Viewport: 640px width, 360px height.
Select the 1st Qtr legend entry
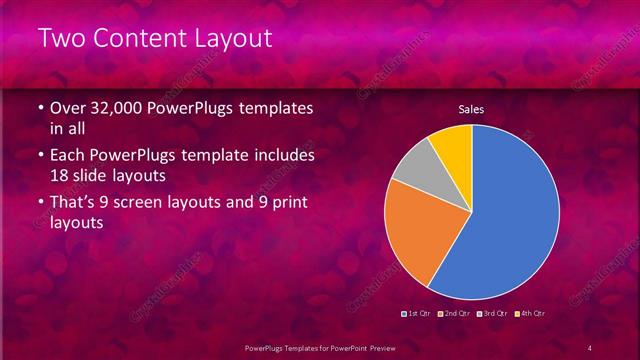[x=419, y=313]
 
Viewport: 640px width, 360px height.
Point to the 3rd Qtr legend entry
[x=494, y=313]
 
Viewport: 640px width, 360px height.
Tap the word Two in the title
[x=61, y=39]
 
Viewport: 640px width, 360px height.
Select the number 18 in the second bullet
[x=60, y=176]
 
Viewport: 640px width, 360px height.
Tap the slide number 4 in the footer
[x=590, y=346]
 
